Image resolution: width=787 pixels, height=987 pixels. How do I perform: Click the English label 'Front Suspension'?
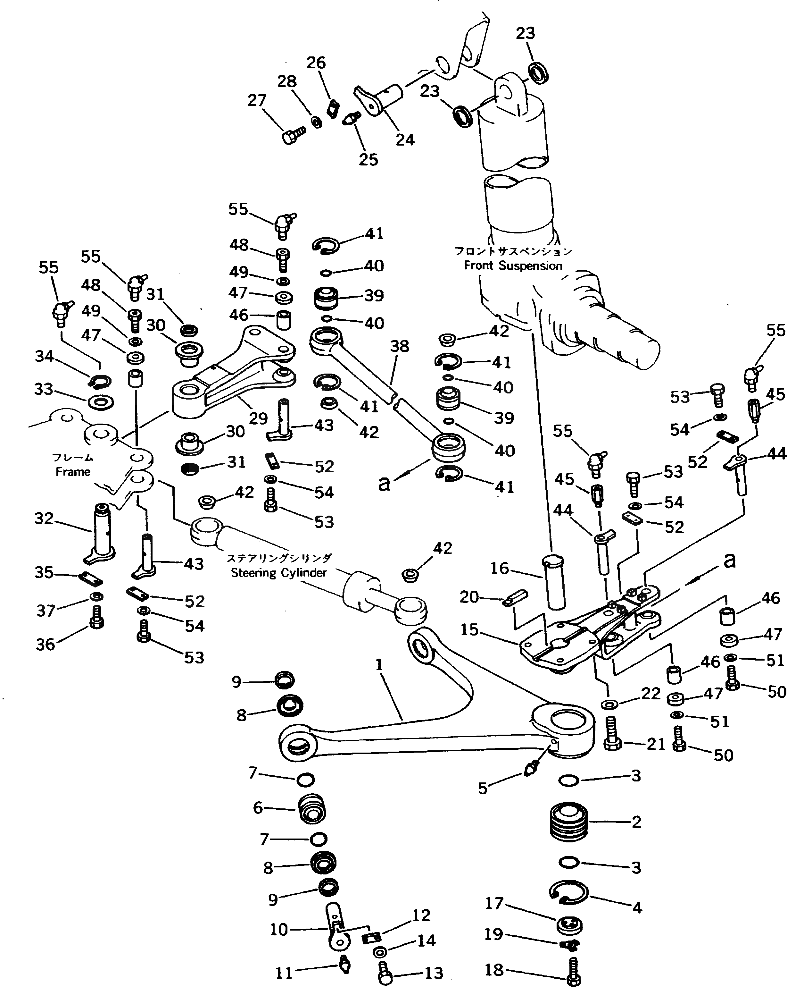click(513, 266)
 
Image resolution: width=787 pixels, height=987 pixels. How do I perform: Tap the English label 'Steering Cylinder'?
click(279, 573)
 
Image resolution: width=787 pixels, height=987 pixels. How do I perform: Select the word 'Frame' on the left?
click(73, 471)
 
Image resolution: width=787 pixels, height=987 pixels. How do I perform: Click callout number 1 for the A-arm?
click(378, 665)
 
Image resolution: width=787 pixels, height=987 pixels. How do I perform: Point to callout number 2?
click(636, 822)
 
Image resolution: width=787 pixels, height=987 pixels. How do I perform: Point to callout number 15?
click(469, 629)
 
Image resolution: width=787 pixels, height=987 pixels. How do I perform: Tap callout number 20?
click(469, 597)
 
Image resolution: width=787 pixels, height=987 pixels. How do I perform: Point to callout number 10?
click(279, 929)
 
